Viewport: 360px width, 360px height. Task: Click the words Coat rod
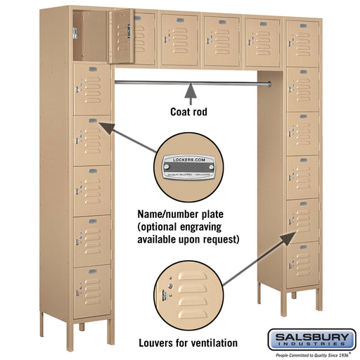coord(189,111)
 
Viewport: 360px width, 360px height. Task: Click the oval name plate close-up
coord(188,169)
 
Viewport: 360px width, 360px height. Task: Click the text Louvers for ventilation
coord(189,343)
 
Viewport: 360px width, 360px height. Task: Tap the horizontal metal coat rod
coord(188,84)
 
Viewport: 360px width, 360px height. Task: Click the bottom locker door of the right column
coord(303,264)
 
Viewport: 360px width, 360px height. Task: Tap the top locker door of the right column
coord(303,43)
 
